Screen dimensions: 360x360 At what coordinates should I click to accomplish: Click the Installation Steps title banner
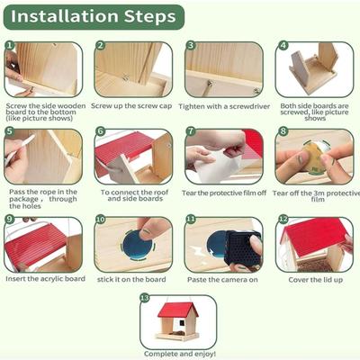coord(94,17)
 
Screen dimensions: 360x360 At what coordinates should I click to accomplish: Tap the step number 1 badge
coord(10,46)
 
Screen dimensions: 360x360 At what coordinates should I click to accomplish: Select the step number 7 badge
coord(191,131)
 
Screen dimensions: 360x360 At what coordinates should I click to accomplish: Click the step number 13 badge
coord(145,298)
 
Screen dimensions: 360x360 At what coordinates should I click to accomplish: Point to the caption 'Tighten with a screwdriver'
coord(224,106)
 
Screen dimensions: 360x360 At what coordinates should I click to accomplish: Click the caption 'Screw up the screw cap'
coord(131,106)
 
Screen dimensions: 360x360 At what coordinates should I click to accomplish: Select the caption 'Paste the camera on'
coord(222,280)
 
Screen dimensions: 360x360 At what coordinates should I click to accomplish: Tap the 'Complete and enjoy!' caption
coord(180,354)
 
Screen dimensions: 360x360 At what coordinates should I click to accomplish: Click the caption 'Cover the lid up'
coord(315,280)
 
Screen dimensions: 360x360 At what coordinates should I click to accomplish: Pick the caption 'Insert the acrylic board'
coord(45,279)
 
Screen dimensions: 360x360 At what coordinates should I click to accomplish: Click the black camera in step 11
coord(243,247)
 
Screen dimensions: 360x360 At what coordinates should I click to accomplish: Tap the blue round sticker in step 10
coord(138,245)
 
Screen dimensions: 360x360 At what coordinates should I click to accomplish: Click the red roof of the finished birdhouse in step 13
coord(178,310)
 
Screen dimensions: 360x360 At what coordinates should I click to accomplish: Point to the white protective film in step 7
coord(218,166)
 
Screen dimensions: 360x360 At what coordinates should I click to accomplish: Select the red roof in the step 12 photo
coord(313,234)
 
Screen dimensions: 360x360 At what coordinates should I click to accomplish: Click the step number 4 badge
coord(283,46)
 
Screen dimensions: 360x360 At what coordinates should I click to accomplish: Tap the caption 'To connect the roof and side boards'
coord(135,195)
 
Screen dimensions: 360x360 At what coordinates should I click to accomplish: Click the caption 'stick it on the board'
coord(131,279)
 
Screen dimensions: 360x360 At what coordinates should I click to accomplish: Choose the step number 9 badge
coord(10,219)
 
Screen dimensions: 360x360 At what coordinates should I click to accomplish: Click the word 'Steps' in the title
coord(150,17)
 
